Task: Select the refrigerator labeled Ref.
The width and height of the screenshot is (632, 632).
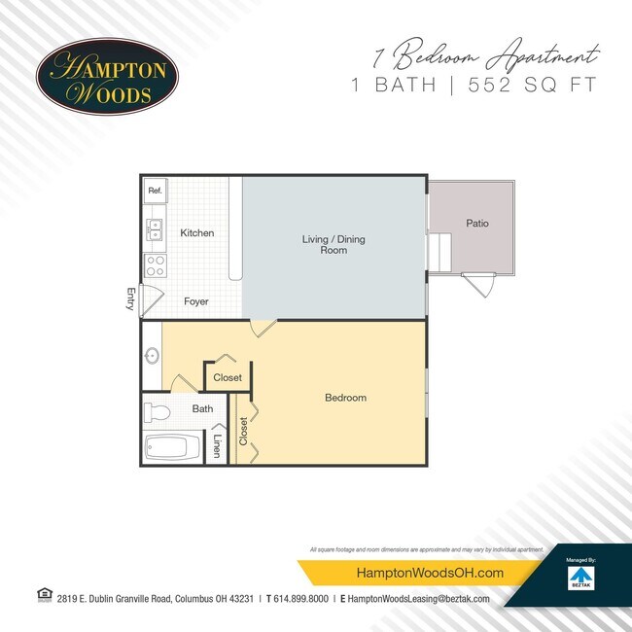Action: click(x=155, y=192)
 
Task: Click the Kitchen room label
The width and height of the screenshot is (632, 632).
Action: click(x=196, y=233)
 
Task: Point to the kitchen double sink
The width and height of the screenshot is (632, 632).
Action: click(x=155, y=229)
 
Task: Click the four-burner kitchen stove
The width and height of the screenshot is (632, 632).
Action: click(x=155, y=264)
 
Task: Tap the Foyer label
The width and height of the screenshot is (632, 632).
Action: click(x=196, y=301)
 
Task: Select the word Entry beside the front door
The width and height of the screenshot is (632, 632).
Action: click(x=130, y=298)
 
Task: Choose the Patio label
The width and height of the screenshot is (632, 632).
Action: click(x=476, y=224)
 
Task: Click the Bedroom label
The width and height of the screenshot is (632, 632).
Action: click(x=345, y=398)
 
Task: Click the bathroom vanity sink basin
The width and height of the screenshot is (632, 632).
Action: click(x=152, y=356)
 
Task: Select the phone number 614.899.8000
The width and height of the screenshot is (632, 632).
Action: click(x=299, y=599)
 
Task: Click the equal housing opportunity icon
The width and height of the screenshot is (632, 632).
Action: click(x=43, y=595)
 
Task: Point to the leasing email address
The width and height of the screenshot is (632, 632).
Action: click(x=418, y=599)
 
